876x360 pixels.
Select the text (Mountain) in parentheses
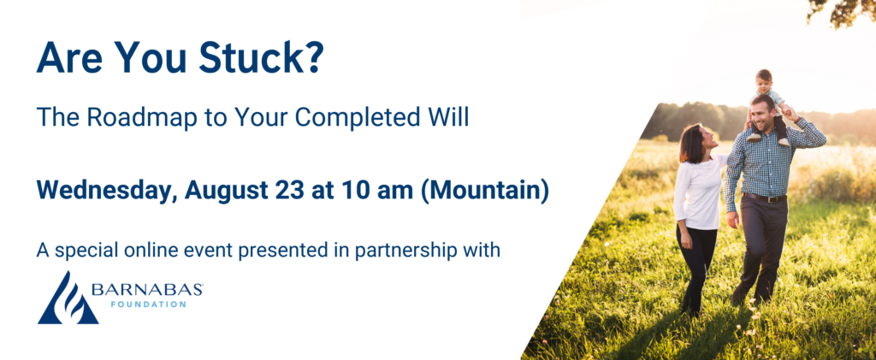(x=484, y=191)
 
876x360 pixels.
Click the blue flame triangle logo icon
(x=68, y=298)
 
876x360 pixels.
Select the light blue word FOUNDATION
(x=147, y=304)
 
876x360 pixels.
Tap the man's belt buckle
(x=775, y=198)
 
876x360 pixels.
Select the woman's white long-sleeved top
(x=699, y=192)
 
